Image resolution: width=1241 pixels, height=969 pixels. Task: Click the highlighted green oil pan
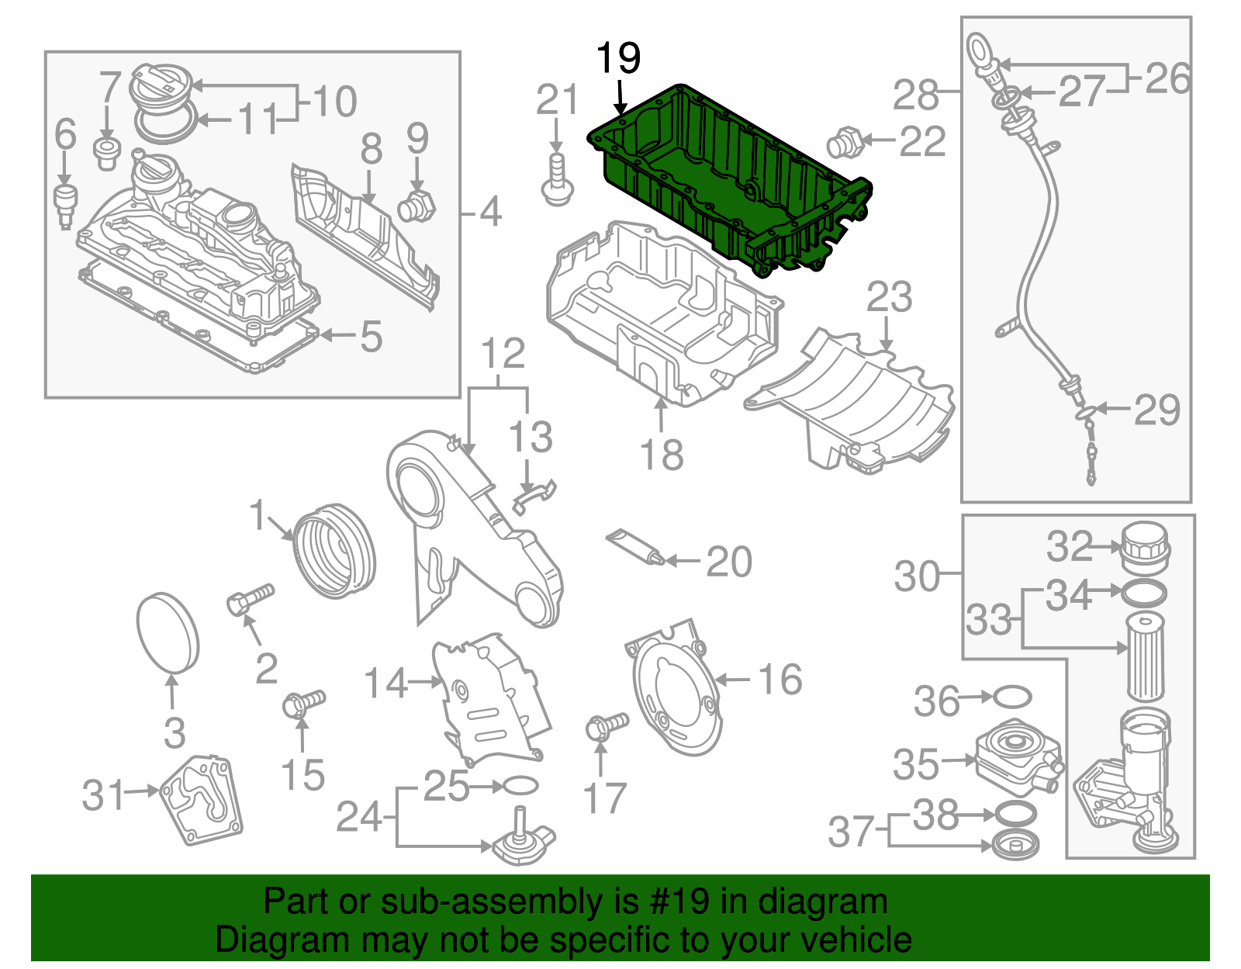click(729, 178)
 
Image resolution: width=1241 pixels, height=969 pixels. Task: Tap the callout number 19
click(618, 58)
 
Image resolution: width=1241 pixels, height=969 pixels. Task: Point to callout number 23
click(889, 298)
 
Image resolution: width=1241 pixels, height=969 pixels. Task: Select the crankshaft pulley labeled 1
click(335, 551)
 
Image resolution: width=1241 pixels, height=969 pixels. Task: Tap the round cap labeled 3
click(168, 632)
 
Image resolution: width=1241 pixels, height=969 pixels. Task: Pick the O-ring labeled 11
click(165, 124)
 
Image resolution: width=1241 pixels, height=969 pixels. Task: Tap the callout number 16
click(779, 680)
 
